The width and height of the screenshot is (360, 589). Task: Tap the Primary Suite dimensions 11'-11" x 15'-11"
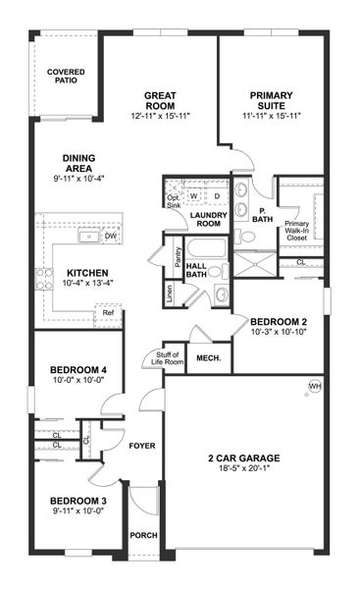(x=270, y=116)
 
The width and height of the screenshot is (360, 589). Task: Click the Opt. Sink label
(x=174, y=200)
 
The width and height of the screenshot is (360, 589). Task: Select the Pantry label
(x=177, y=256)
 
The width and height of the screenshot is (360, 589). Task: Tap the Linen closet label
(x=171, y=294)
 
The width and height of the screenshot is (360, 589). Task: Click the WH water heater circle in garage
(x=315, y=386)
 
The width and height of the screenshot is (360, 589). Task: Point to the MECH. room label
(x=207, y=357)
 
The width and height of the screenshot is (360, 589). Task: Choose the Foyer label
(x=143, y=446)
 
